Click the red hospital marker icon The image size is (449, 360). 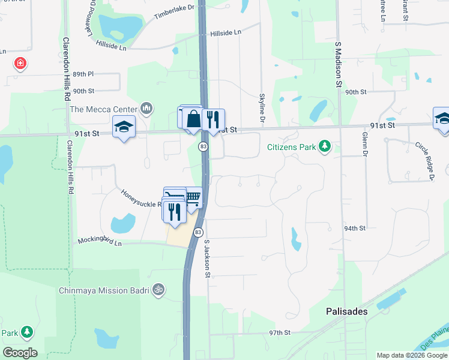click(x=20, y=63)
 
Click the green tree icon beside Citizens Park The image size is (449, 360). click(x=325, y=146)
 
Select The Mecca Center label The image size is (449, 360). click(x=104, y=109)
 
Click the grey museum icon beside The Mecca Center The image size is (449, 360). click(x=146, y=109)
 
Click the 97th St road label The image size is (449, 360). click(x=279, y=332)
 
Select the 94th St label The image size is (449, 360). click(x=355, y=229)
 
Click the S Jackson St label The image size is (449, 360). click(x=207, y=259)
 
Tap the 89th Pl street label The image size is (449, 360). click(x=83, y=74)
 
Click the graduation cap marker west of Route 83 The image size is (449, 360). click(x=124, y=127)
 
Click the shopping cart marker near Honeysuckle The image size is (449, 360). click(x=192, y=196)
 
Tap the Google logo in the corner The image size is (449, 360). click(x=20, y=352)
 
